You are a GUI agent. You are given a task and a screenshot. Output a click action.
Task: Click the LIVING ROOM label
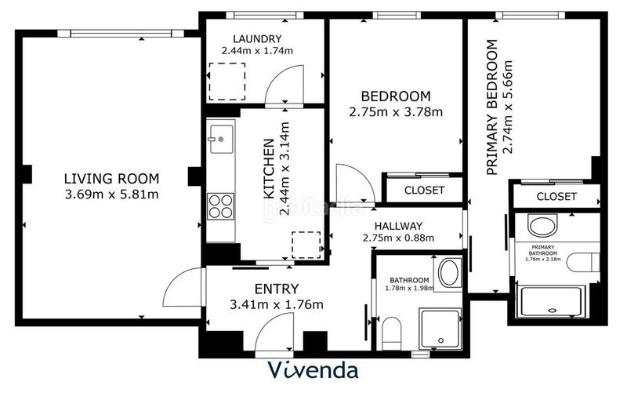click(x=111, y=178)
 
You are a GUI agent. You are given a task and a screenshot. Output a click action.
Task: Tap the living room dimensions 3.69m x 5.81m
click(x=111, y=194)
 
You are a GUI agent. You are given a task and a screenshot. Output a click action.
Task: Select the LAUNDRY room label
click(x=257, y=39)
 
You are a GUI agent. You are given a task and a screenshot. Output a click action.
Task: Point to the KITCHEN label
click(x=268, y=169)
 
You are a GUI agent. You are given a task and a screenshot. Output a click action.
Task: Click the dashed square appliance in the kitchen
click(x=306, y=245)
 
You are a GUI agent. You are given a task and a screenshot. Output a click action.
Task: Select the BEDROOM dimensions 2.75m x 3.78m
click(x=396, y=111)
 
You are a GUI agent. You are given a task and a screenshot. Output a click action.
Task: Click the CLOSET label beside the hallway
click(x=424, y=191)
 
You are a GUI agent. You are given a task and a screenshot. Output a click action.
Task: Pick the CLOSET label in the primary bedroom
click(x=556, y=196)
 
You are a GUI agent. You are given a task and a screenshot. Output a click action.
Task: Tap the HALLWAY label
click(x=398, y=225)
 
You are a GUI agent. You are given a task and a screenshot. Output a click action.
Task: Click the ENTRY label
click(x=276, y=289)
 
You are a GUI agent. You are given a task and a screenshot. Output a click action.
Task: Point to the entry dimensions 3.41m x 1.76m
click(x=276, y=304)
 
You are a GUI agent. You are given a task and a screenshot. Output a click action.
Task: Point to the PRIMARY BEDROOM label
click(x=492, y=107)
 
